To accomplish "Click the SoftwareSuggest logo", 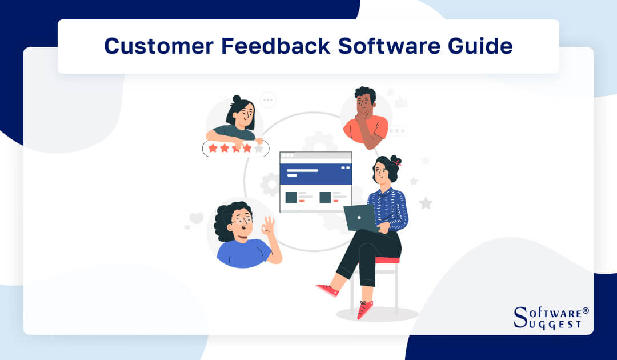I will click(551, 318).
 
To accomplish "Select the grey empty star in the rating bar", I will click(259, 149).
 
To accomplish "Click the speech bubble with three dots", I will click(267, 100).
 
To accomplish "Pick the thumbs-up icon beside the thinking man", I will click(401, 102).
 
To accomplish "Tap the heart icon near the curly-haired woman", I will click(197, 218).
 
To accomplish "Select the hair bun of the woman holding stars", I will click(237, 99).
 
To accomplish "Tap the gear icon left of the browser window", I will click(270, 184).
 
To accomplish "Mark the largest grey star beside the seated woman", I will click(425, 203).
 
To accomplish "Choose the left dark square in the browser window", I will click(291, 198).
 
